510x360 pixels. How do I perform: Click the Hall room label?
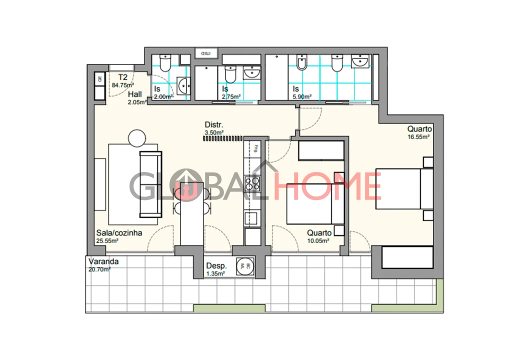point(135,94)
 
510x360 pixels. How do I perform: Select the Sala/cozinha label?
point(119,232)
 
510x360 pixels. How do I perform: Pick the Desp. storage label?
point(216,266)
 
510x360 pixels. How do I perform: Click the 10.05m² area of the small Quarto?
point(318,240)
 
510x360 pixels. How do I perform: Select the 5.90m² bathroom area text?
point(302,96)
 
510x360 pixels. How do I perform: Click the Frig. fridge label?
point(255,147)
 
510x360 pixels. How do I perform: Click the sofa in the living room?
point(150,184)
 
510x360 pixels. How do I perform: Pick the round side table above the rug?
point(137,138)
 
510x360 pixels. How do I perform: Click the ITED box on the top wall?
point(206,52)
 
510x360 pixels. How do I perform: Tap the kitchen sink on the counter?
point(250,217)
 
